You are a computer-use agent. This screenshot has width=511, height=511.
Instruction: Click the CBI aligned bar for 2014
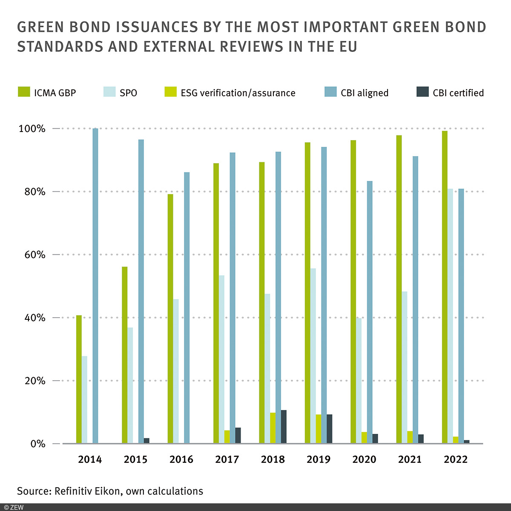pos(95,285)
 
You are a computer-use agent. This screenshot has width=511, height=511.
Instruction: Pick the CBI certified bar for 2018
pos(284,427)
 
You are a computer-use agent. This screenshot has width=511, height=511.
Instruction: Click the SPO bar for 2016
pos(176,371)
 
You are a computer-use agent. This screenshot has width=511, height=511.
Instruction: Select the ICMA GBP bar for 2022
pos(445,287)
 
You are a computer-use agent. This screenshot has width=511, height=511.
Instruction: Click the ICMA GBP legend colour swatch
pos(23,92)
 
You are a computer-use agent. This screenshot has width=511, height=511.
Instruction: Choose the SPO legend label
pos(128,93)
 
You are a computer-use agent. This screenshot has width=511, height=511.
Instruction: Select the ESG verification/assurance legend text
pos(238,93)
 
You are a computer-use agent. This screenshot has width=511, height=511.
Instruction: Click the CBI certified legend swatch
pos(422,92)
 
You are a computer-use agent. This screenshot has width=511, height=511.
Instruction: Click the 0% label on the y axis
pos(37,444)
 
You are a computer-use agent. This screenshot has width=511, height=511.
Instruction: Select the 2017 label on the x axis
pos(227,459)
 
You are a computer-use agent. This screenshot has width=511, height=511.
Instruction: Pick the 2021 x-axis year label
pos(410,459)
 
